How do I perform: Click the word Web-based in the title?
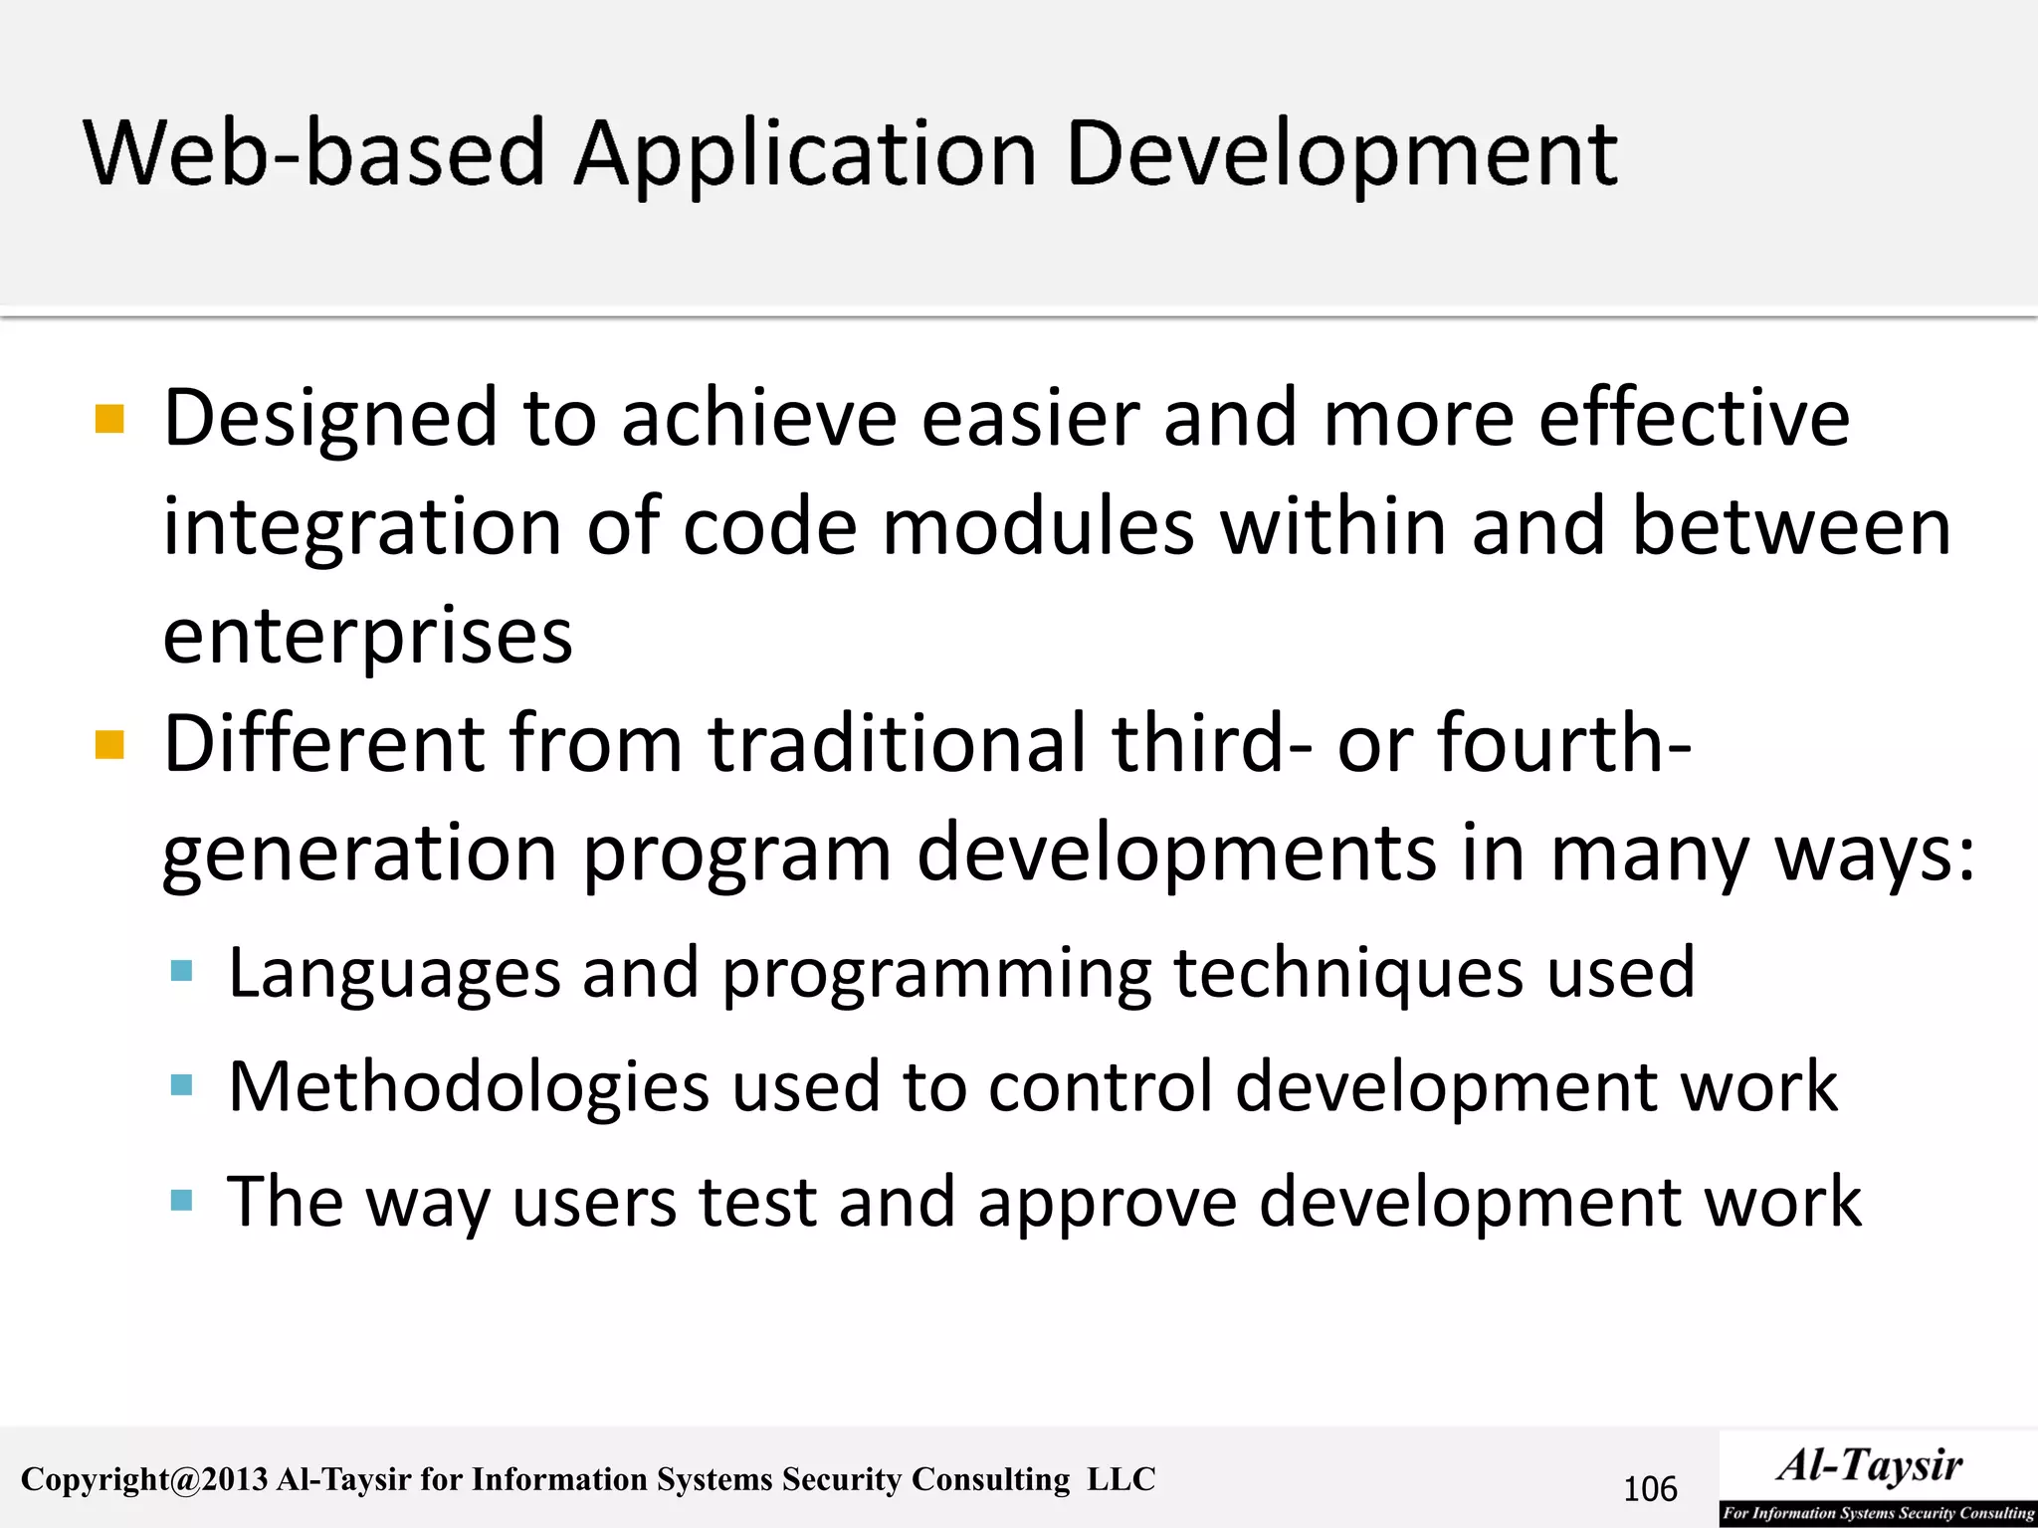pyautogui.click(x=314, y=154)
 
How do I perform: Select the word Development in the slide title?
pyautogui.click(x=1340, y=156)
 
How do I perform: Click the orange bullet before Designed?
pyautogui.click(x=109, y=419)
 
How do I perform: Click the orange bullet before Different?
pyautogui.click(x=109, y=744)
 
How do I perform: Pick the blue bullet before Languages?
pyautogui.click(x=181, y=971)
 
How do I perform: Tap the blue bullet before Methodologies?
pyautogui.click(x=181, y=1084)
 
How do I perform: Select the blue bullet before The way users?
pyautogui.click(x=181, y=1200)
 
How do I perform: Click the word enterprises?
pyautogui.click(x=367, y=637)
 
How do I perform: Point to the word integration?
pyautogui.click(x=363, y=527)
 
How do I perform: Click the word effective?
pyautogui.click(x=1694, y=418)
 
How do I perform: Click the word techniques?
pyautogui.click(x=1348, y=972)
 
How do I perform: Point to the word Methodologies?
pyautogui.click(x=469, y=1086)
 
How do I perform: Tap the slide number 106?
pyautogui.click(x=1650, y=1489)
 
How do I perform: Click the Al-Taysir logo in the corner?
pyautogui.click(x=1877, y=1478)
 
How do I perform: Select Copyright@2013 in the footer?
pyautogui.click(x=144, y=1480)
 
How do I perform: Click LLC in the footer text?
pyautogui.click(x=1121, y=1479)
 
